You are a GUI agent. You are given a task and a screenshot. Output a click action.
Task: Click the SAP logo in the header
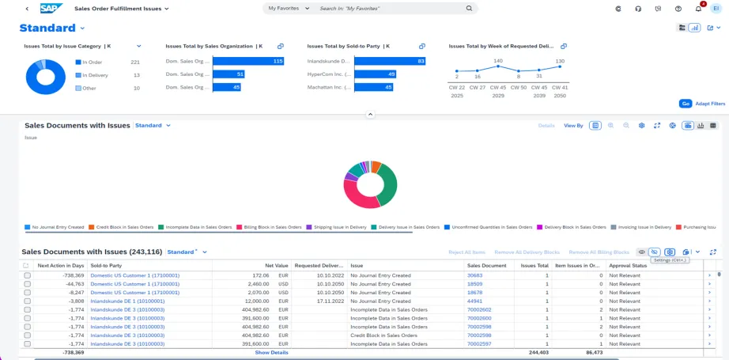(x=51, y=9)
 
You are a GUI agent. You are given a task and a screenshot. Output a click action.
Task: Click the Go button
(x=685, y=104)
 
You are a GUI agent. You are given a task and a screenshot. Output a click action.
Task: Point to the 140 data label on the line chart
(x=498, y=61)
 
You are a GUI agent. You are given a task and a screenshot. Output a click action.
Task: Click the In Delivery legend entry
(x=95, y=75)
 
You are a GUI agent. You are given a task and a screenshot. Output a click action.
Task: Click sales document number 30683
(x=474, y=275)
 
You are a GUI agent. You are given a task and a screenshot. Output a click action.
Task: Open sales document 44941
(x=474, y=301)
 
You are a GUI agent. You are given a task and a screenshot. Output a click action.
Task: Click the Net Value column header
(x=276, y=266)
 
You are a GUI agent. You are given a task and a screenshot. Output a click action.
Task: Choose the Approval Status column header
(x=628, y=266)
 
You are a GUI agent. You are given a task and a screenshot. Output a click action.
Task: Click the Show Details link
(x=271, y=353)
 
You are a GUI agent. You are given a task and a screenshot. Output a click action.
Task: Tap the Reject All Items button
(x=466, y=252)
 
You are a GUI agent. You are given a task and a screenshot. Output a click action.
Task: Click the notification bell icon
(x=698, y=9)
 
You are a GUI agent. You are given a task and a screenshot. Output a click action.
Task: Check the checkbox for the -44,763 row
(x=28, y=283)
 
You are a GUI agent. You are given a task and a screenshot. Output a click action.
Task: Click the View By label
(x=573, y=126)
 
